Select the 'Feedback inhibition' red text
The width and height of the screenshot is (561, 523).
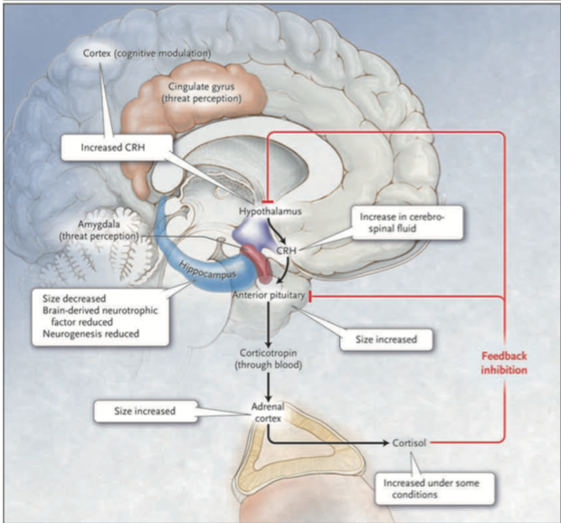(504, 363)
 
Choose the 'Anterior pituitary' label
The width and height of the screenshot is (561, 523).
(268, 295)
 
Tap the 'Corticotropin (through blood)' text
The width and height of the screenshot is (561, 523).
(270, 357)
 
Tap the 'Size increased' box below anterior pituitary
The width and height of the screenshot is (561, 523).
(382, 339)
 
